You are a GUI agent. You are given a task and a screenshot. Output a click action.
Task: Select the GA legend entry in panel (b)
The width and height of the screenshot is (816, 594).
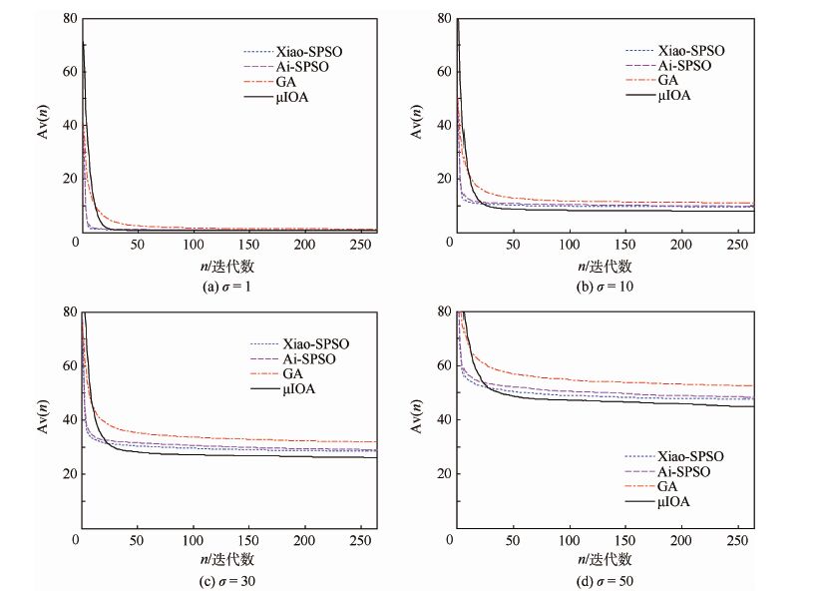coord(667,81)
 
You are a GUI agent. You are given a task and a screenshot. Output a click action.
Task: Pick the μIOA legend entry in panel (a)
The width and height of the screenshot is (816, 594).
coord(289,96)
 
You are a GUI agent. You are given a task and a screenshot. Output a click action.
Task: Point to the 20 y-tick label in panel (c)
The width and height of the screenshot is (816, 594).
coord(66,474)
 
